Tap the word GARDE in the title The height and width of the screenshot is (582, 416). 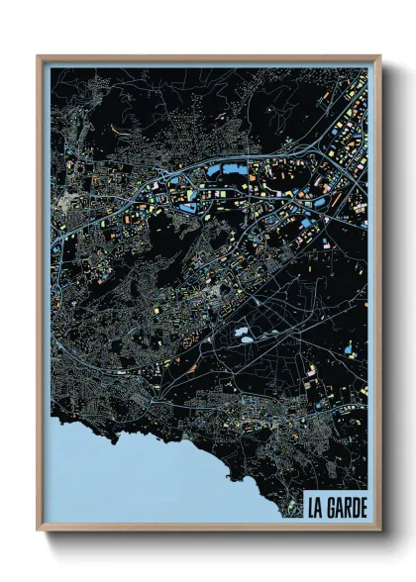[346, 507]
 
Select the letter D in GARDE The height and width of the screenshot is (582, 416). [355, 507]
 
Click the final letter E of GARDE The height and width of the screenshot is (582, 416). [364, 507]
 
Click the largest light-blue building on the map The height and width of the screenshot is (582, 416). [234, 170]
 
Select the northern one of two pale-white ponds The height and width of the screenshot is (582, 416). [248, 333]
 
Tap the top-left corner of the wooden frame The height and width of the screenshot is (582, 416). [38, 57]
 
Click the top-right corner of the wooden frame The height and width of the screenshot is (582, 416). [380, 57]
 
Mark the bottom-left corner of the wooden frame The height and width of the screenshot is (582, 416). [38, 530]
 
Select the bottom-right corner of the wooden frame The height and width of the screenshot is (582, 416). [380, 530]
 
